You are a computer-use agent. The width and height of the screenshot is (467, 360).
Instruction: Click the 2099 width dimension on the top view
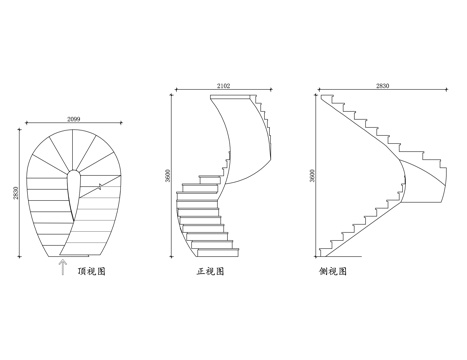(73, 119)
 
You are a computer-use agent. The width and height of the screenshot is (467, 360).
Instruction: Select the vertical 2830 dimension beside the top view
(17, 189)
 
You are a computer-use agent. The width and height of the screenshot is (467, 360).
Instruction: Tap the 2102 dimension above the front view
(223, 87)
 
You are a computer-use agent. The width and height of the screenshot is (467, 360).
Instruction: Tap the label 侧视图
(333, 270)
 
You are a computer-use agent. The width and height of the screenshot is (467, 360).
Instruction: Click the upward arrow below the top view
(62, 266)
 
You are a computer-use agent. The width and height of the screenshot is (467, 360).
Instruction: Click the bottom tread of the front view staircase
(211, 246)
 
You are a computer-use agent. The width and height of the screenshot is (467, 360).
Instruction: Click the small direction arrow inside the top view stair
(100, 186)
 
